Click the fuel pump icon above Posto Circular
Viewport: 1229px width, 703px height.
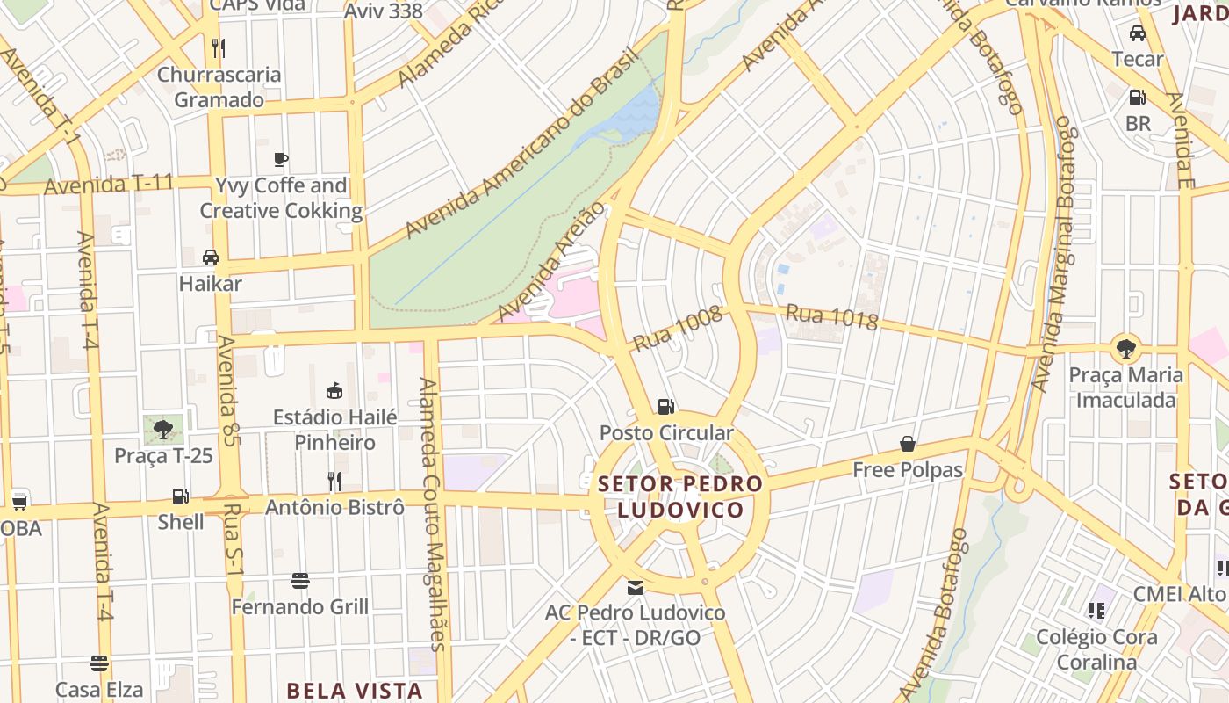point(665,406)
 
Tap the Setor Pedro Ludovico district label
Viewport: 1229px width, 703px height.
point(680,496)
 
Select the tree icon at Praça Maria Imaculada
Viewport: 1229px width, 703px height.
point(1125,347)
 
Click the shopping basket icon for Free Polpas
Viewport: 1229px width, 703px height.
point(908,445)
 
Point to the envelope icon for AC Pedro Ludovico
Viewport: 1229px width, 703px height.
point(636,587)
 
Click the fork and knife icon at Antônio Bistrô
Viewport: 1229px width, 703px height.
point(334,481)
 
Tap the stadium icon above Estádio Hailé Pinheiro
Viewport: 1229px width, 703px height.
point(334,390)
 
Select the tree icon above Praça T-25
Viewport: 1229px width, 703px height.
point(162,429)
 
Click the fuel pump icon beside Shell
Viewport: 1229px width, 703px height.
point(180,496)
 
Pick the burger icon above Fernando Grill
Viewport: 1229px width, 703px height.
point(300,581)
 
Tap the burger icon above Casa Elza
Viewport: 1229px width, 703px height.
point(99,663)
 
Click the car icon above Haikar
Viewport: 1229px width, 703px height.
point(211,257)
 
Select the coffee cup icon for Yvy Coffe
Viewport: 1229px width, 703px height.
point(281,159)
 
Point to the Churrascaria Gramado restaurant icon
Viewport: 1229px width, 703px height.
point(219,47)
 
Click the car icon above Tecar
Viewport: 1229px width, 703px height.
point(1138,33)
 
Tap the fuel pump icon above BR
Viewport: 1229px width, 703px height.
point(1138,98)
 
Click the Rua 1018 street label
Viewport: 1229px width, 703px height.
point(831,316)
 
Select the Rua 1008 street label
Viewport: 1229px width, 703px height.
point(677,328)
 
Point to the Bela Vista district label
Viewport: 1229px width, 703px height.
point(355,691)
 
